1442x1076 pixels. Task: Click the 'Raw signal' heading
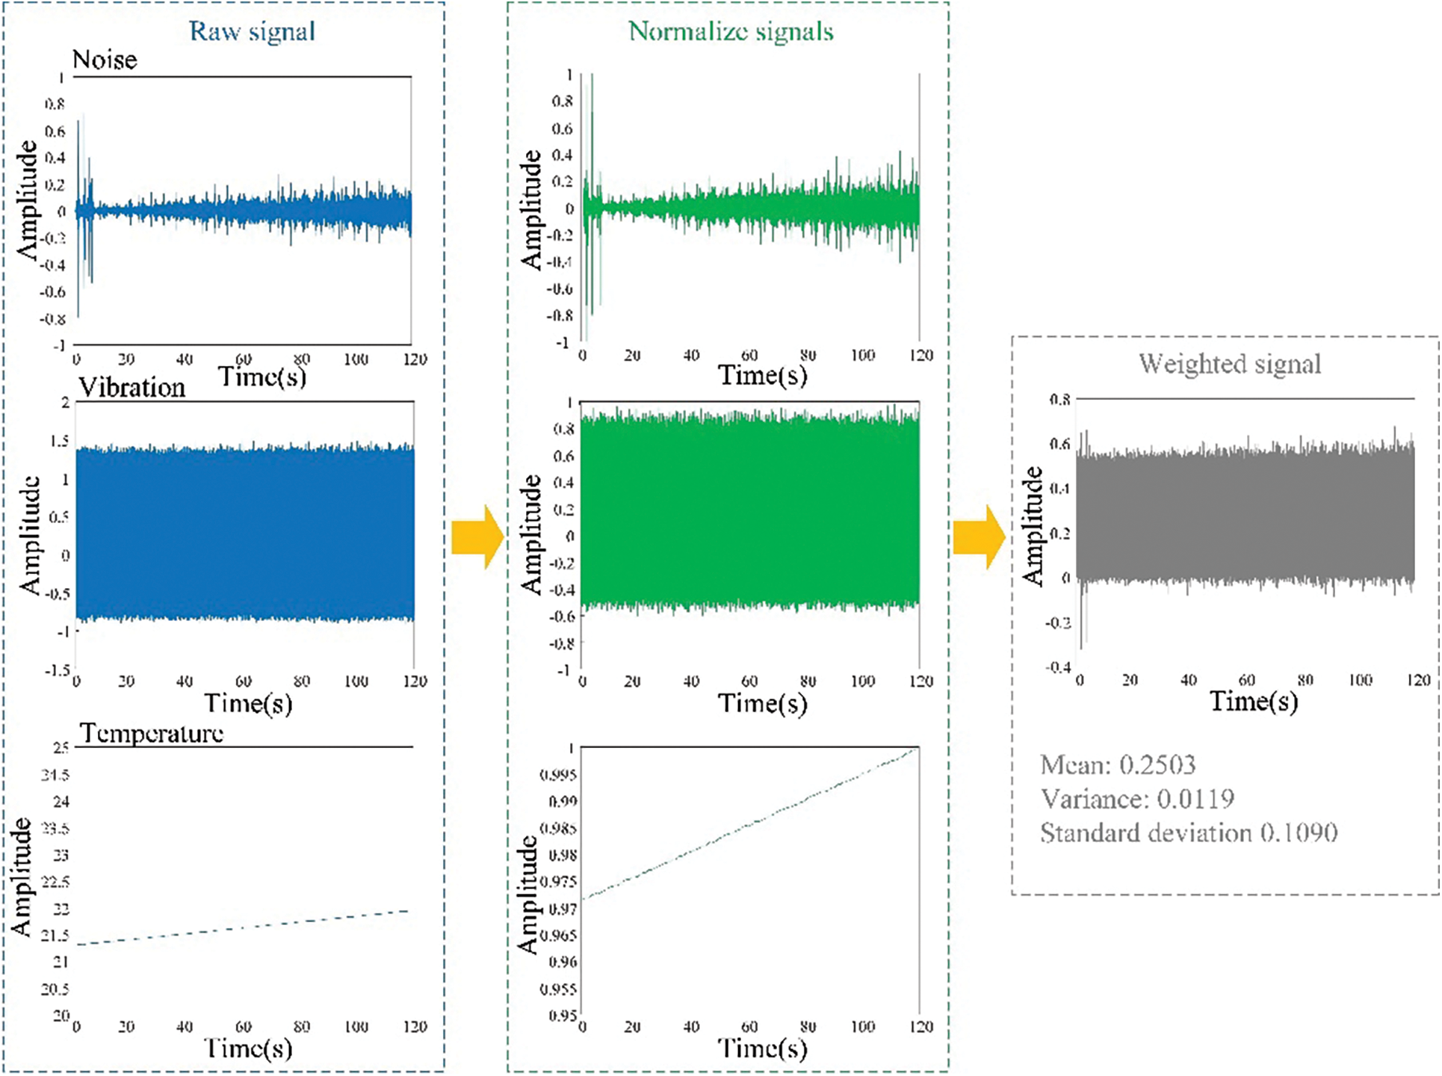click(x=252, y=31)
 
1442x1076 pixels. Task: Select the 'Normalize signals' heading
click(x=731, y=31)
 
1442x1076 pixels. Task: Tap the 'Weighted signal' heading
click(x=1230, y=364)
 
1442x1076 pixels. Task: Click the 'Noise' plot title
click(x=105, y=60)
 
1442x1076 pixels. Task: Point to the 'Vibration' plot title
click(x=132, y=387)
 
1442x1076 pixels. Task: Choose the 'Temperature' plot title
click(x=152, y=733)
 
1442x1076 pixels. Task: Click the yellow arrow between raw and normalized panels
click(x=477, y=537)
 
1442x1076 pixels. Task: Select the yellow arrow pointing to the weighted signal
click(x=980, y=537)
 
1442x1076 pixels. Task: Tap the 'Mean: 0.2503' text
click(x=1118, y=764)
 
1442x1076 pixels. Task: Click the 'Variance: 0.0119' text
click(x=1137, y=799)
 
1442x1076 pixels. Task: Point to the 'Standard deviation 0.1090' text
click(x=1189, y=832)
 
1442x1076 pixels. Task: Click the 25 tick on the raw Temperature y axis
click(x=61, y=747)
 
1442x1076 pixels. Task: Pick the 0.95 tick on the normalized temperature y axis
click(x=563, y=1015)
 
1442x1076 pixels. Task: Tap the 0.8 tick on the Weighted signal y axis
click(x=1059, y=400)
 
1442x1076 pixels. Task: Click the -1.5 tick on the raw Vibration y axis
click(x=57, y=670)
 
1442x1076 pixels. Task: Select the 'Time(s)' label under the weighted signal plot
click(x=1254, y=701)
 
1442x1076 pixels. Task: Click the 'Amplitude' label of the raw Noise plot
click(x=28, y=200)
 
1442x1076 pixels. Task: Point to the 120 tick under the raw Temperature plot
click(x=415, y=1027)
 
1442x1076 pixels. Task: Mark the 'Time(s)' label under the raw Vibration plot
click(x=248, y=703)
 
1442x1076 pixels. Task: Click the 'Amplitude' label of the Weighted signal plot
click(x=1033, y=525)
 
